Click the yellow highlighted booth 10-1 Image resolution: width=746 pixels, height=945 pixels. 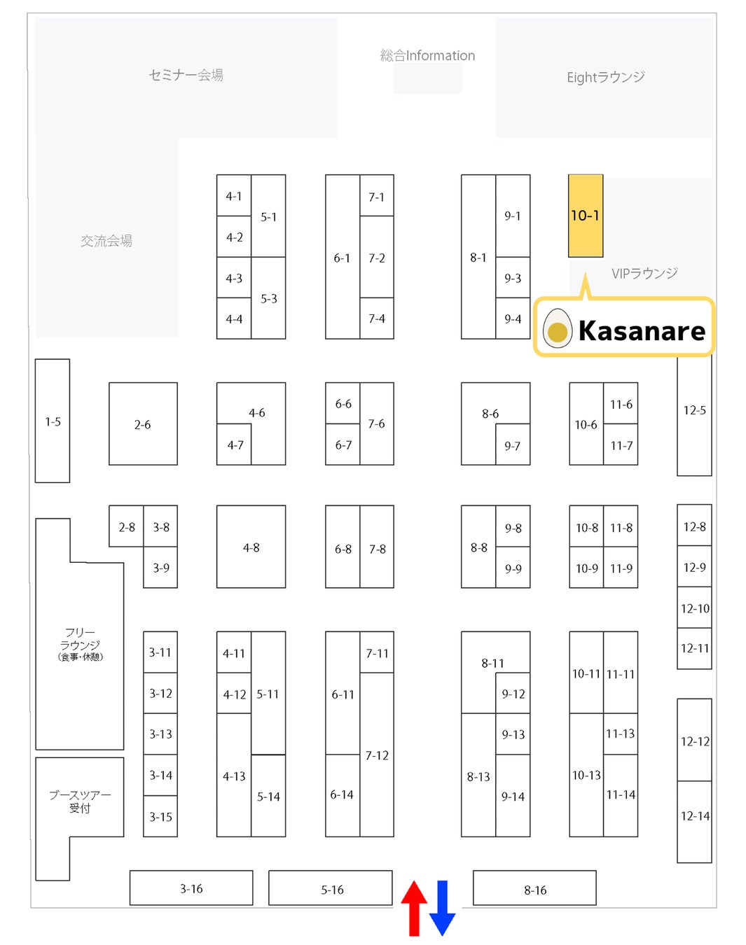pos(585,216)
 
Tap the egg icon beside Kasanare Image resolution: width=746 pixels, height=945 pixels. pos(557,328)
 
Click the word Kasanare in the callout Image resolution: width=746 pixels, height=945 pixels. pos(642,330)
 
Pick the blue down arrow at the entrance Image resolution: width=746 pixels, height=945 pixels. pos(442,908)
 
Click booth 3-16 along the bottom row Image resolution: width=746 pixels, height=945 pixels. pos(191,888)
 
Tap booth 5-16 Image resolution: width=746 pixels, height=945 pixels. pos(331,889)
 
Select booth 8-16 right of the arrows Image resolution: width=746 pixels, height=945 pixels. pos(534,889)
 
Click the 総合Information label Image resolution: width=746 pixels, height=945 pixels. pos(427,55)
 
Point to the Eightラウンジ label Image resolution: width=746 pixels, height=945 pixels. pos(605,77)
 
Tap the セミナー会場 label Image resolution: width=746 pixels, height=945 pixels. pos(186,75)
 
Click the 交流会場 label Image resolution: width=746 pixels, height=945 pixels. pos(106,241)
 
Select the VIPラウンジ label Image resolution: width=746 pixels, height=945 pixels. pos(644,273)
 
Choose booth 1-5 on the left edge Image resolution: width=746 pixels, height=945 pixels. pos(53,421)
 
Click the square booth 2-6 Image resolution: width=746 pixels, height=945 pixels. pos(143,424)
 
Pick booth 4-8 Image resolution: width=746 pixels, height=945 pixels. pos(251,547)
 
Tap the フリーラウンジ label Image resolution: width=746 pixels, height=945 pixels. pos(80,643)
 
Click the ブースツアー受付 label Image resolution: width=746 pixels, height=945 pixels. pos(80,801)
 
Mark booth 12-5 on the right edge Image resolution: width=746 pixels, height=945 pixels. pos(694,410)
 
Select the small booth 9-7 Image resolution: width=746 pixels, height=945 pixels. pos(512,446)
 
